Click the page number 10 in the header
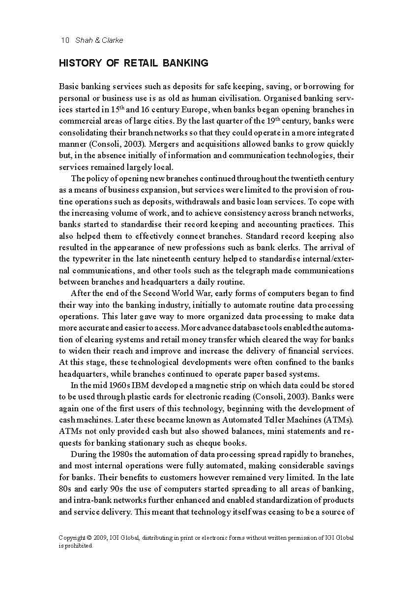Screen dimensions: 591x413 [x=65, y=40]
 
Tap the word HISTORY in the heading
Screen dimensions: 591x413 [x=80, y=63]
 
